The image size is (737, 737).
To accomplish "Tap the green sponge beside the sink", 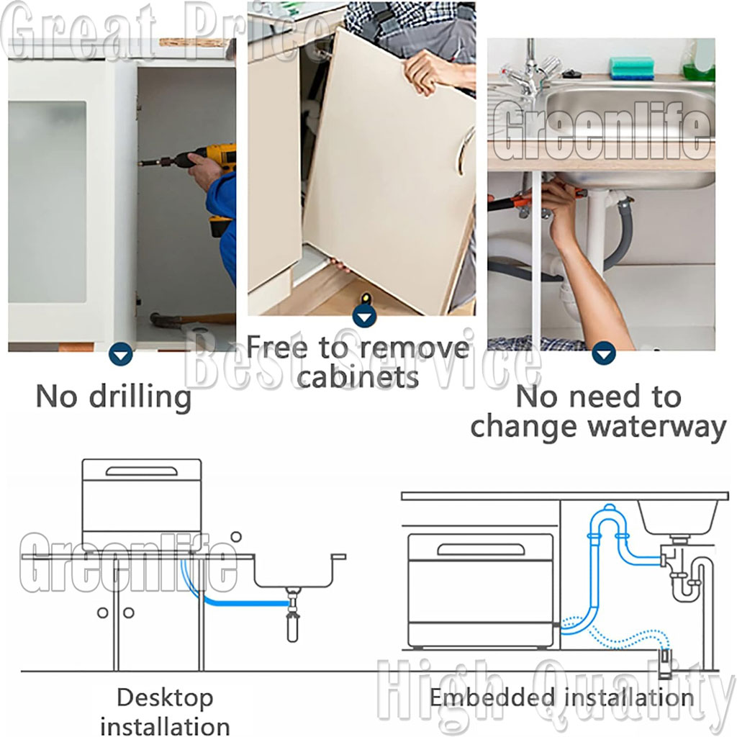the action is pyautogui.click(x=632, y=68).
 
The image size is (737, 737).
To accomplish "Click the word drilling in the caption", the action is pyautogui.click(x=140, y=397).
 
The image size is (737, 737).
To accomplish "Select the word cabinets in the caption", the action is pyautogui.click(x=357, y=377).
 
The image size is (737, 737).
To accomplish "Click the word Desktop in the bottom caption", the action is pyautogui.click(x=165, y=698).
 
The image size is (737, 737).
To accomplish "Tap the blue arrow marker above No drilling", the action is pyautogui.click(x=120, y=354).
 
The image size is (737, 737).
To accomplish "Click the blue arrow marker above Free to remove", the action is pyautogui.click(x=364, y=316).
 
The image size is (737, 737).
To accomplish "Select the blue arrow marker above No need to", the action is pyautogui.click(x=604, y=353).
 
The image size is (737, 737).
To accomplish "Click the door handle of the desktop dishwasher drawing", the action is pyautogui.click(x=142, y=471).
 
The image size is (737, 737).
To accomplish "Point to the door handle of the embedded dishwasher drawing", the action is pyautogui.click(x=480, y=549).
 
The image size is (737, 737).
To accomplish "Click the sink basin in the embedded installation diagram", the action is pyautogui.click(x=679, y=517).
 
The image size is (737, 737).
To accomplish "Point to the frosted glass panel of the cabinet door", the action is pyautogui.click(x=47, y=202).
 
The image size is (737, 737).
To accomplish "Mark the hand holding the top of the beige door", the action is pyautogui.click(x=430, y=71).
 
